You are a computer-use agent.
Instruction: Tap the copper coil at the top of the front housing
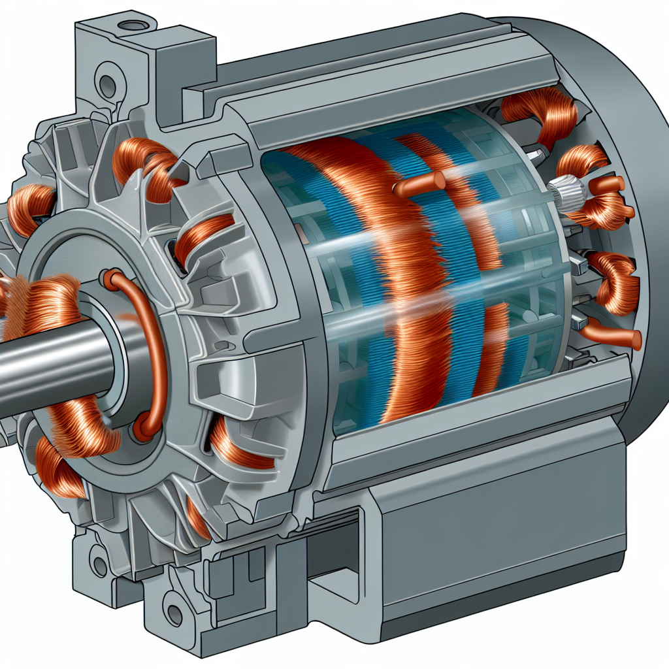144,163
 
